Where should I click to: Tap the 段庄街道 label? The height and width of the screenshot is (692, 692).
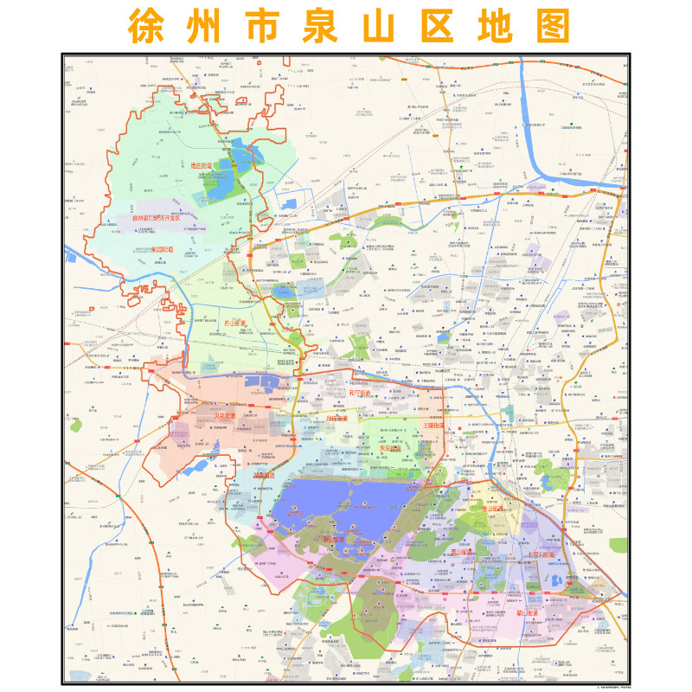[338, 418]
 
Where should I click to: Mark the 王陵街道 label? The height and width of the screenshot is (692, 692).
[435, 425]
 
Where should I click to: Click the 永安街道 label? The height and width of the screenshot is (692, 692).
[391, 449]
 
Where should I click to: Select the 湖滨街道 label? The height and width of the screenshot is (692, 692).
[264, 474]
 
